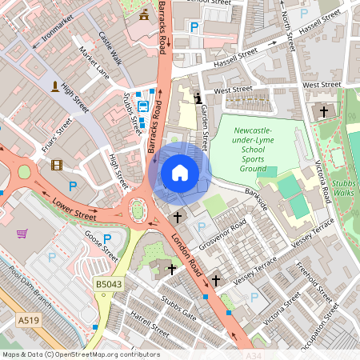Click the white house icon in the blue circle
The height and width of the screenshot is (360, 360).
pos(180,172)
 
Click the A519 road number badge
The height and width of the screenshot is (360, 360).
pos(29,320)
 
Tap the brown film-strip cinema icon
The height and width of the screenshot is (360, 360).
pos(56,166)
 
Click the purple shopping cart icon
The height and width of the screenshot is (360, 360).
pos(22,234)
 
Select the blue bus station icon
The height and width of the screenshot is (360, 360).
pos(142,105)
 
